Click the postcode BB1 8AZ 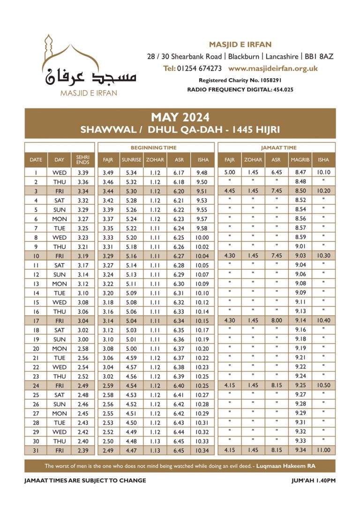pyautogui.click(x=319, y=56)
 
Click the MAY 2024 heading pyautogui.click(x=180, y=117)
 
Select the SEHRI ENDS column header pyautogui.click(x=82, y=160)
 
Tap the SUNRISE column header pyautogui.click(x=131, y=160)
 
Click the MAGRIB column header pyautogui.click(x=300, y=160)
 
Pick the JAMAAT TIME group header pyautogui.click(x=277, y=148)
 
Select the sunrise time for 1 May pyautogui.click(x=131, y=172)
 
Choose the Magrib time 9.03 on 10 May pyautogui.click(x=300, y=256)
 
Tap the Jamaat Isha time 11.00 pyautogui.click(x=323, y=451)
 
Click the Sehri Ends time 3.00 pyautogui.click(x=82, y=339)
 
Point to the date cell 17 pyautogui.click(x=36, y=320)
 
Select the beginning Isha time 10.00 pyautogui.click(x=202, y=238)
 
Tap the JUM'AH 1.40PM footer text pyautogui.click(x=313, y=480)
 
